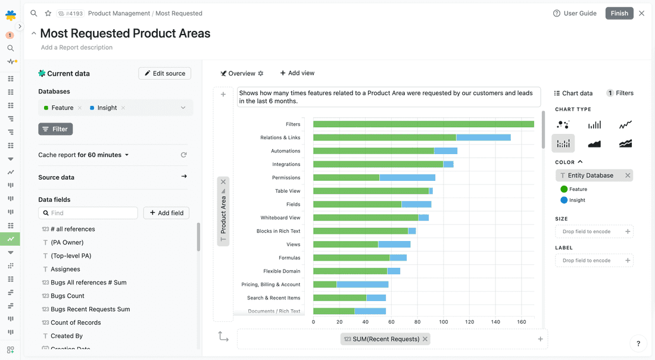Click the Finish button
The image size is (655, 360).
pyautogui.click(x=619, y=13)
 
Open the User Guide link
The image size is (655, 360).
pyautogui.click(x=575, y=13)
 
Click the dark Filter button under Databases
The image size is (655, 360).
pyautogui.click(x=55, y=129)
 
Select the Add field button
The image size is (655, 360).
pyautogui.click(x=166, y=213)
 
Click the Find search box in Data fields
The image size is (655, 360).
pyautogui.click(x=88, y=213)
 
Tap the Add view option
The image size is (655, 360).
pyautogui.click(x=297, y=73)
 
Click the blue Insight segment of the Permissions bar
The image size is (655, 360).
pyautogui.click(x=407, y=177)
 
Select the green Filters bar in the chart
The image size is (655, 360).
pyautogui.click(x=423, y=124)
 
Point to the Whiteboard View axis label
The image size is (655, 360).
pyautogui.click(x=280, y=218)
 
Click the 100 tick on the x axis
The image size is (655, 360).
pyautogui.click(x=444, y=322)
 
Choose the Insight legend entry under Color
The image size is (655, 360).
pyautogui.click(x=577, y=200)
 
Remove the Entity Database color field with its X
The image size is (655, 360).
pyautogui.click(x=628, y=176)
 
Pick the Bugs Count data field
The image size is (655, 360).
pyautogui.click(x=67, y=296)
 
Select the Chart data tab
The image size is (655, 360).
pyautogui.click(x=573, y=93)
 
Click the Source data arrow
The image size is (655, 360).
pyautogui.click(x=184, y=177)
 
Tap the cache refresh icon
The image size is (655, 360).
pyautogui.click(x=184, y=155)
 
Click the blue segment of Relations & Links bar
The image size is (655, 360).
pyautogui.click(x=484, y=137)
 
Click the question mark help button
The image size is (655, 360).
pyautogui.click(x=638, y=343)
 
